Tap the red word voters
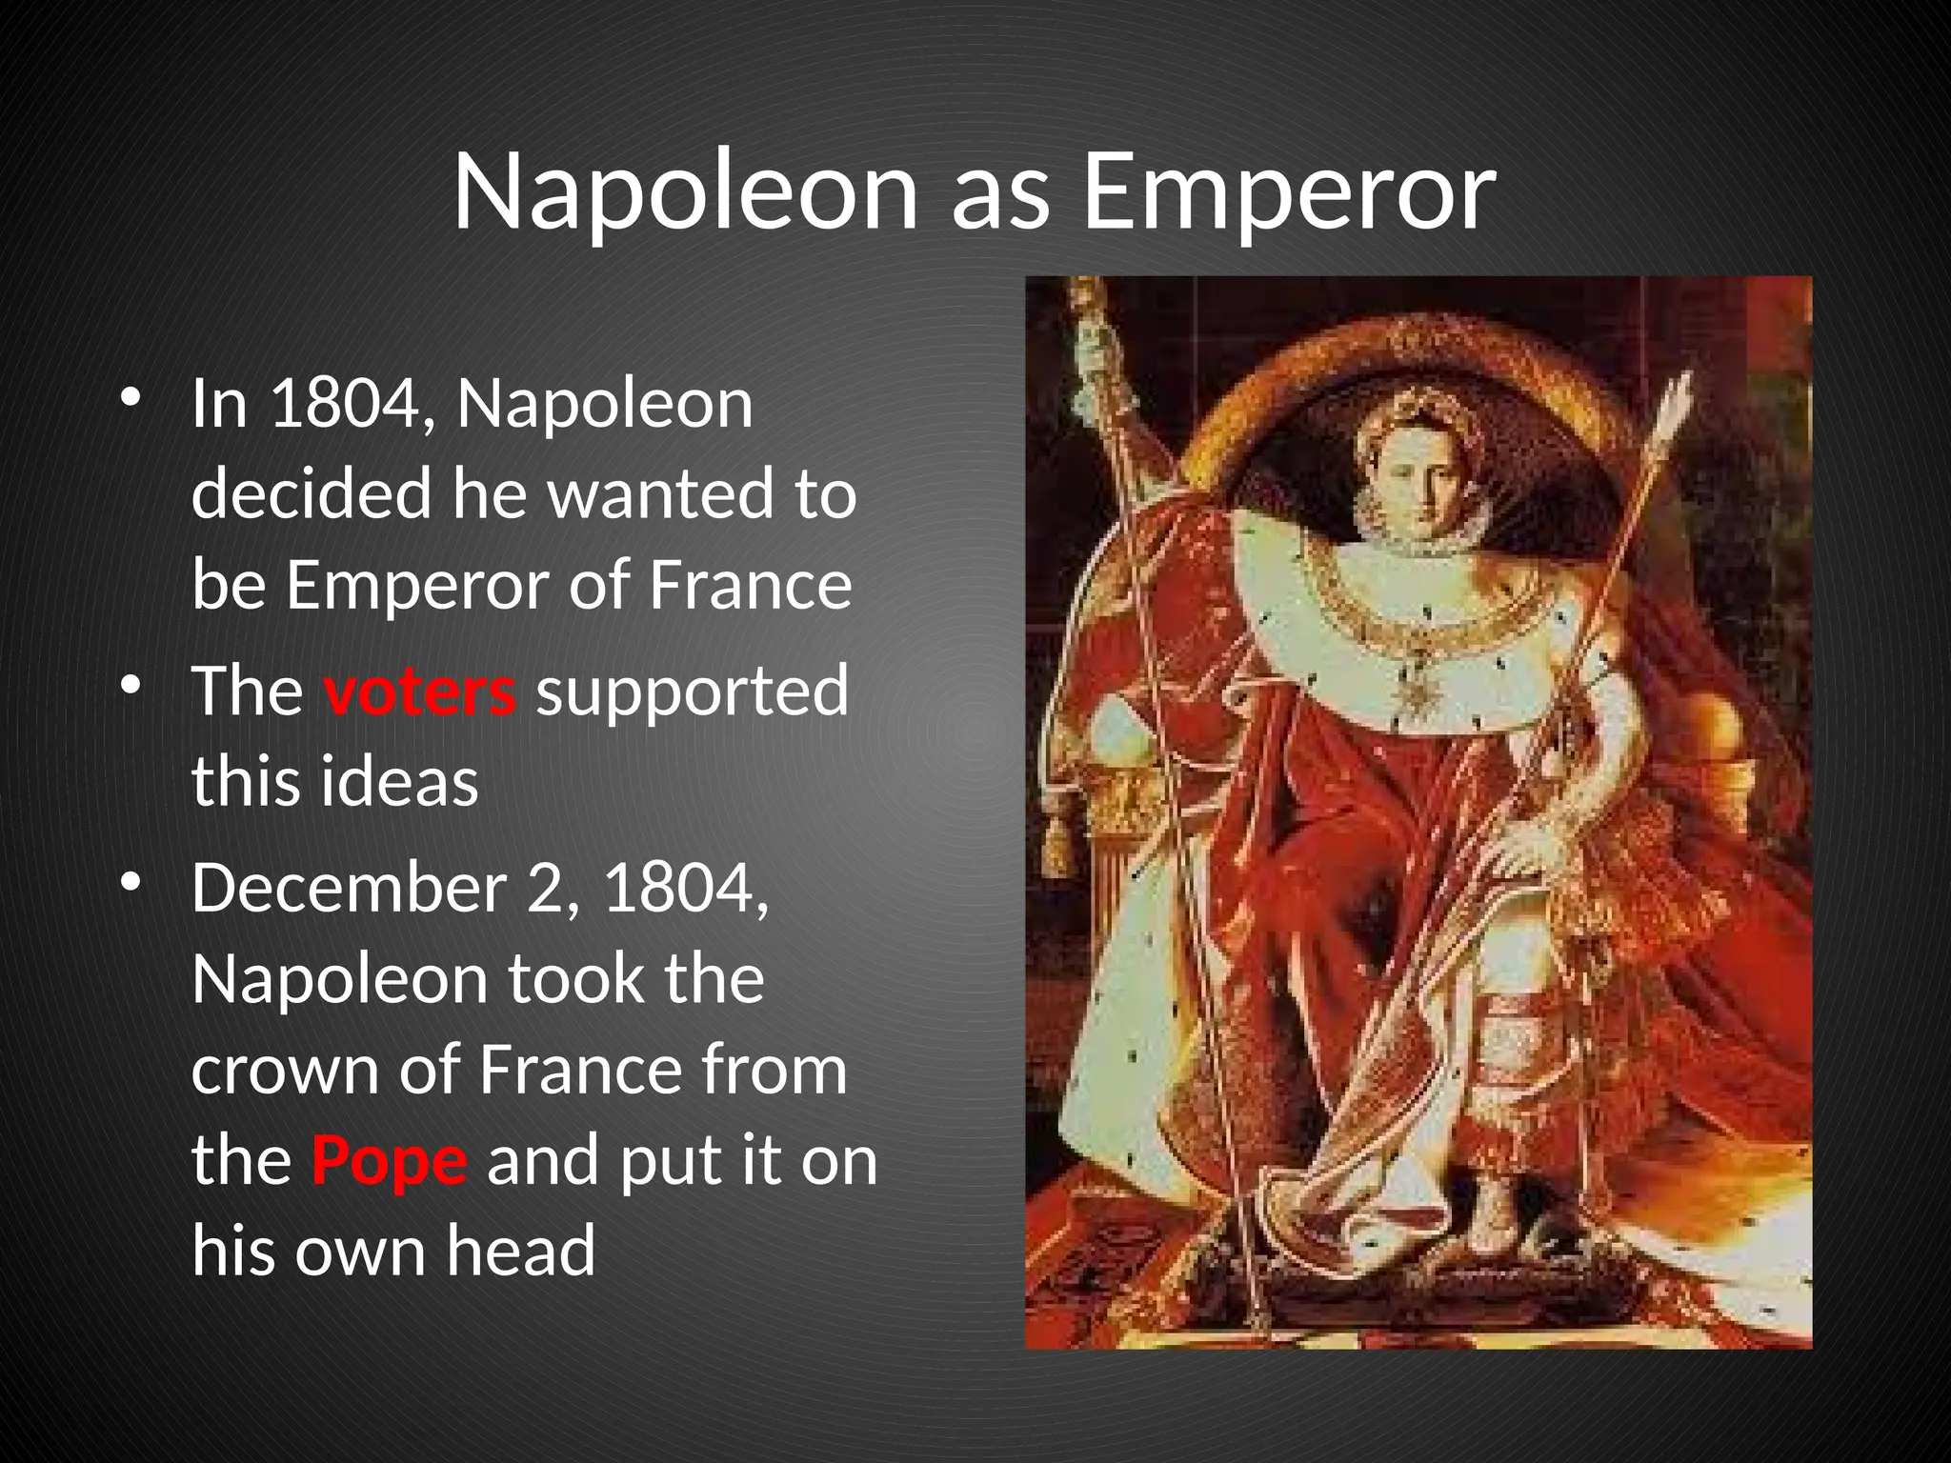420,691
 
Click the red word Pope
390,1160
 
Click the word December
349,888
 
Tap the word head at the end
521,1250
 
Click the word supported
692,691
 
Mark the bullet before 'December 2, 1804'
131,883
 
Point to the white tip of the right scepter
1679,400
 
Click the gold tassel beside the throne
1056,843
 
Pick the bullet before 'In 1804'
131,398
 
